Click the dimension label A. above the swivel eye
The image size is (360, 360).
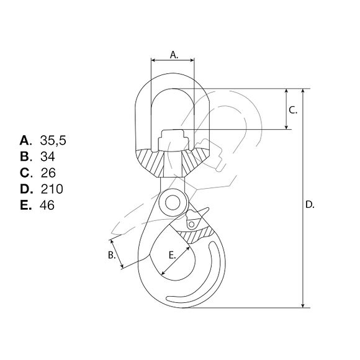(173, 55)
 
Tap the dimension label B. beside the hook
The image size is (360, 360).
(112, 254)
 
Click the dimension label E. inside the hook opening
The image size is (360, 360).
(173, 254)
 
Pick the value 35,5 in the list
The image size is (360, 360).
(52, 139)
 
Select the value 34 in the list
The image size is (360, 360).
(47, 156)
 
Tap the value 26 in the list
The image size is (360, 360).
(48, 173)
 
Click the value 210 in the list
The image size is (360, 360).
(52, 189)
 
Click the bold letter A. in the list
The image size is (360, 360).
(25, 139)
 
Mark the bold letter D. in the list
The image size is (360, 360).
(25, 189)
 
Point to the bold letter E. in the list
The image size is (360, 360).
(25, 205)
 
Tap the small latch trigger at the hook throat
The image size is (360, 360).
(194, 218)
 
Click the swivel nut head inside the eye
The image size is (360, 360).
(173, 138)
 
